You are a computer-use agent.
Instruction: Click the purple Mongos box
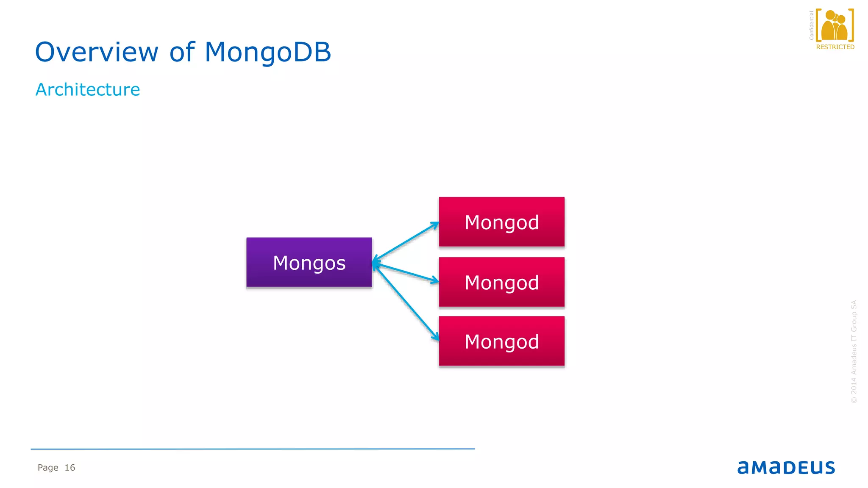point(309,262)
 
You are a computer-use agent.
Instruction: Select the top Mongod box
point(501,222)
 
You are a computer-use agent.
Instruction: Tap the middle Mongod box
point(501,282)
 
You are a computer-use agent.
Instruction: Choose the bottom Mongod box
point(501,341)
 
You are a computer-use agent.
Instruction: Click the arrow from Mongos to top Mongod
point(406,241)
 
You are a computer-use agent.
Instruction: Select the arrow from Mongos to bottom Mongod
point(406,302)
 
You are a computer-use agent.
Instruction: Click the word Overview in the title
point(97,53)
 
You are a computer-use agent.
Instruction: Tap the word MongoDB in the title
point(267,53)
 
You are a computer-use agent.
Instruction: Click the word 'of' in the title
point(182,53)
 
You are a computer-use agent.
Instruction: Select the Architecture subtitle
point(88,90)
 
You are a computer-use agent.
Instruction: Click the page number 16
point(70,468)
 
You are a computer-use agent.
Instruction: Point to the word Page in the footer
point(48,468)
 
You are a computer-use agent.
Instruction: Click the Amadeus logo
point(786,467)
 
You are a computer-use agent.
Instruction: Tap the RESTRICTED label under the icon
point(835,47)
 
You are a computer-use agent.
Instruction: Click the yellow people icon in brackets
point(834,25)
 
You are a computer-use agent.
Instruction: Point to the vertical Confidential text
point(811,25)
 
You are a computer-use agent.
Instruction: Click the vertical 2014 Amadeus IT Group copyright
point(854,352)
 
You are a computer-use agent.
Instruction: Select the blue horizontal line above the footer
point(253,449)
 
